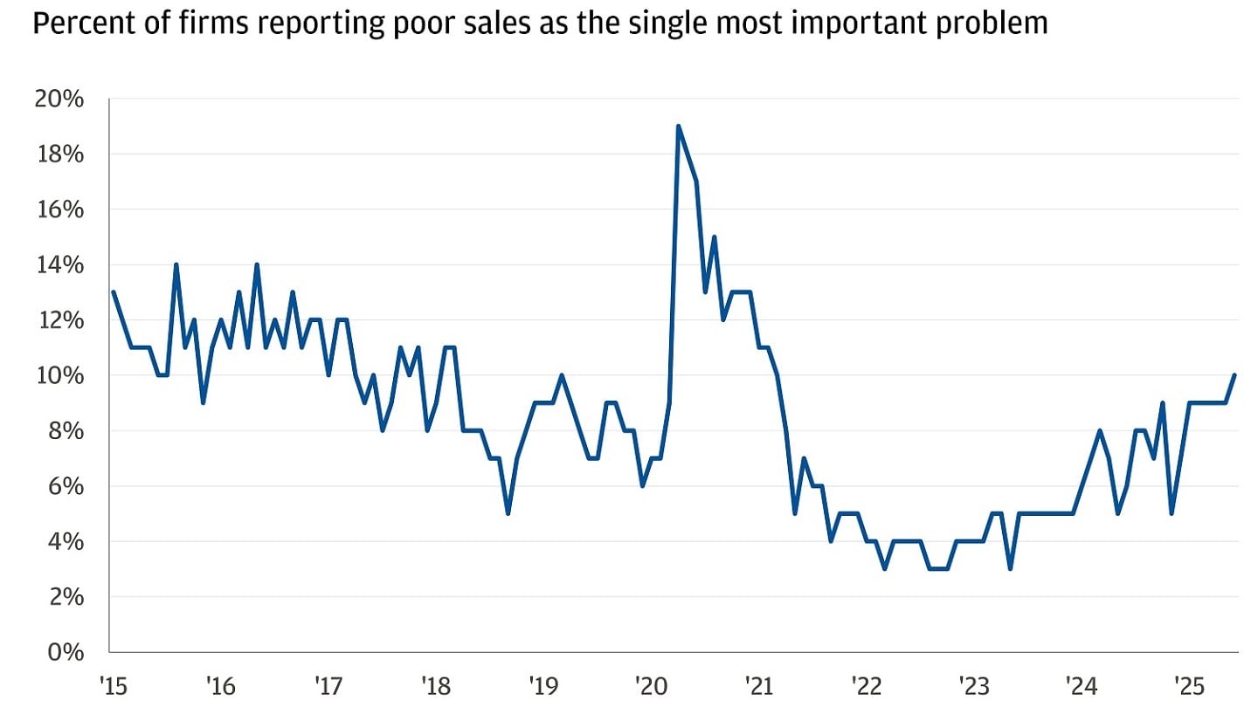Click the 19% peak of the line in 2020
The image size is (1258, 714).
[x=678, y=127]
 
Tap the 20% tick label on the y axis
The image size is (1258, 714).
[x=59, y=99]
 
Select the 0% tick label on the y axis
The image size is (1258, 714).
[x=65, y=652]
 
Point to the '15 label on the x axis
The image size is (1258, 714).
[x=114, y=684]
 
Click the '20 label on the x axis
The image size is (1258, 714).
[x=650, y=684]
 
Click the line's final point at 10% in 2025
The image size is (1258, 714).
[x=1234, y=375]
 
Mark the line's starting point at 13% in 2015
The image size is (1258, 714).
[x=114, y=292]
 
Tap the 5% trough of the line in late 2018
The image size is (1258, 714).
[x=508, y=513]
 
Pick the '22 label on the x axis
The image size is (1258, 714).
[x=865, y=684]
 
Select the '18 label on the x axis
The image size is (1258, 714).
[x=435, y=684]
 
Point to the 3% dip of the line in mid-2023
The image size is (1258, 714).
[x=1010, y=568]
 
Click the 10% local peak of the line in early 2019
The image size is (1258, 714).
[x=562, y=375]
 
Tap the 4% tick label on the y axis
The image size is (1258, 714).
[x=65, y=541]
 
